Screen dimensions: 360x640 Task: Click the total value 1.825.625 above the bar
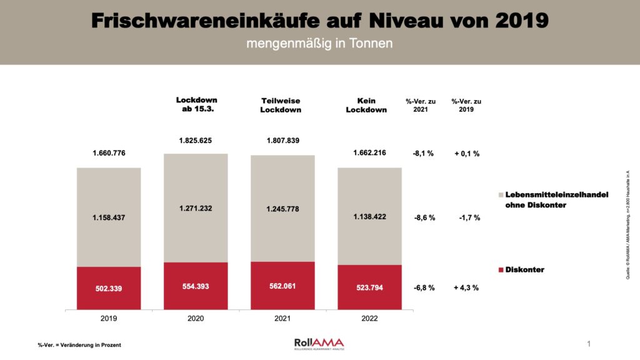tap(196, 141)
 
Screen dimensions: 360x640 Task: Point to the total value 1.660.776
tap(109, 153)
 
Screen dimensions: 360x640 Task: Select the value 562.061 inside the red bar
tap(282, 287)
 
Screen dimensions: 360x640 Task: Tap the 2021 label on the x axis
tap(282, 318)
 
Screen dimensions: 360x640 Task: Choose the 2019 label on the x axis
tap(109, 318)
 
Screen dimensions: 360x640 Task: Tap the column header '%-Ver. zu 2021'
tap(421, 106)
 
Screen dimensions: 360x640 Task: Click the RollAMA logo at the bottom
tap(319, 343)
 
